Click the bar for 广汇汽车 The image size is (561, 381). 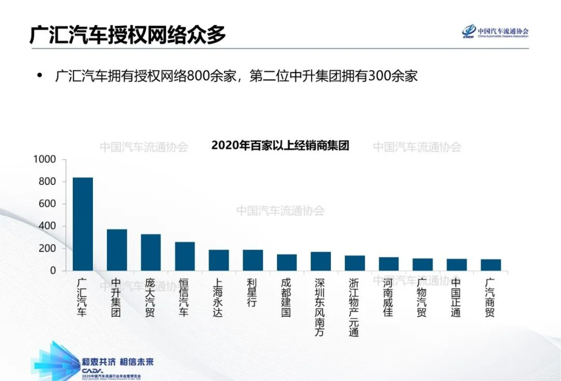click(x=83, y=224)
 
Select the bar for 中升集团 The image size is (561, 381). click(x=117, y=250)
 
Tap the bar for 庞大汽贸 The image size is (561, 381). click(x=151, y=252)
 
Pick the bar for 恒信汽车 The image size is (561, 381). click(x=185, y=256)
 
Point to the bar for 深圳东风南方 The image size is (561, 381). click(x=321, y=261)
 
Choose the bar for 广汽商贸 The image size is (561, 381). click(x=491, y=265)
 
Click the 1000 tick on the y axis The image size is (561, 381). click(x=44, y=159)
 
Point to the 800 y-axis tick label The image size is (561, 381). click(x=47, y=182)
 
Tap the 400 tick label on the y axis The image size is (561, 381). click(x=47, y=226)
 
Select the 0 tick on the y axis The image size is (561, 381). click(x=52, y=270)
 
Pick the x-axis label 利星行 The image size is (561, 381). click(x=252, y=293)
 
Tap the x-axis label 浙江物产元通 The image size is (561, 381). click(x=355, y=307)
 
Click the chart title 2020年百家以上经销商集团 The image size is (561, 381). click(x=280, y=146)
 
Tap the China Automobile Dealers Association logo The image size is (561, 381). click(x=495, y=32)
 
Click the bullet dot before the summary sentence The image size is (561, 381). click(x=39, y=76)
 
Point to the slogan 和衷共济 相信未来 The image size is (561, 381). click(x=118, y=362)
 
